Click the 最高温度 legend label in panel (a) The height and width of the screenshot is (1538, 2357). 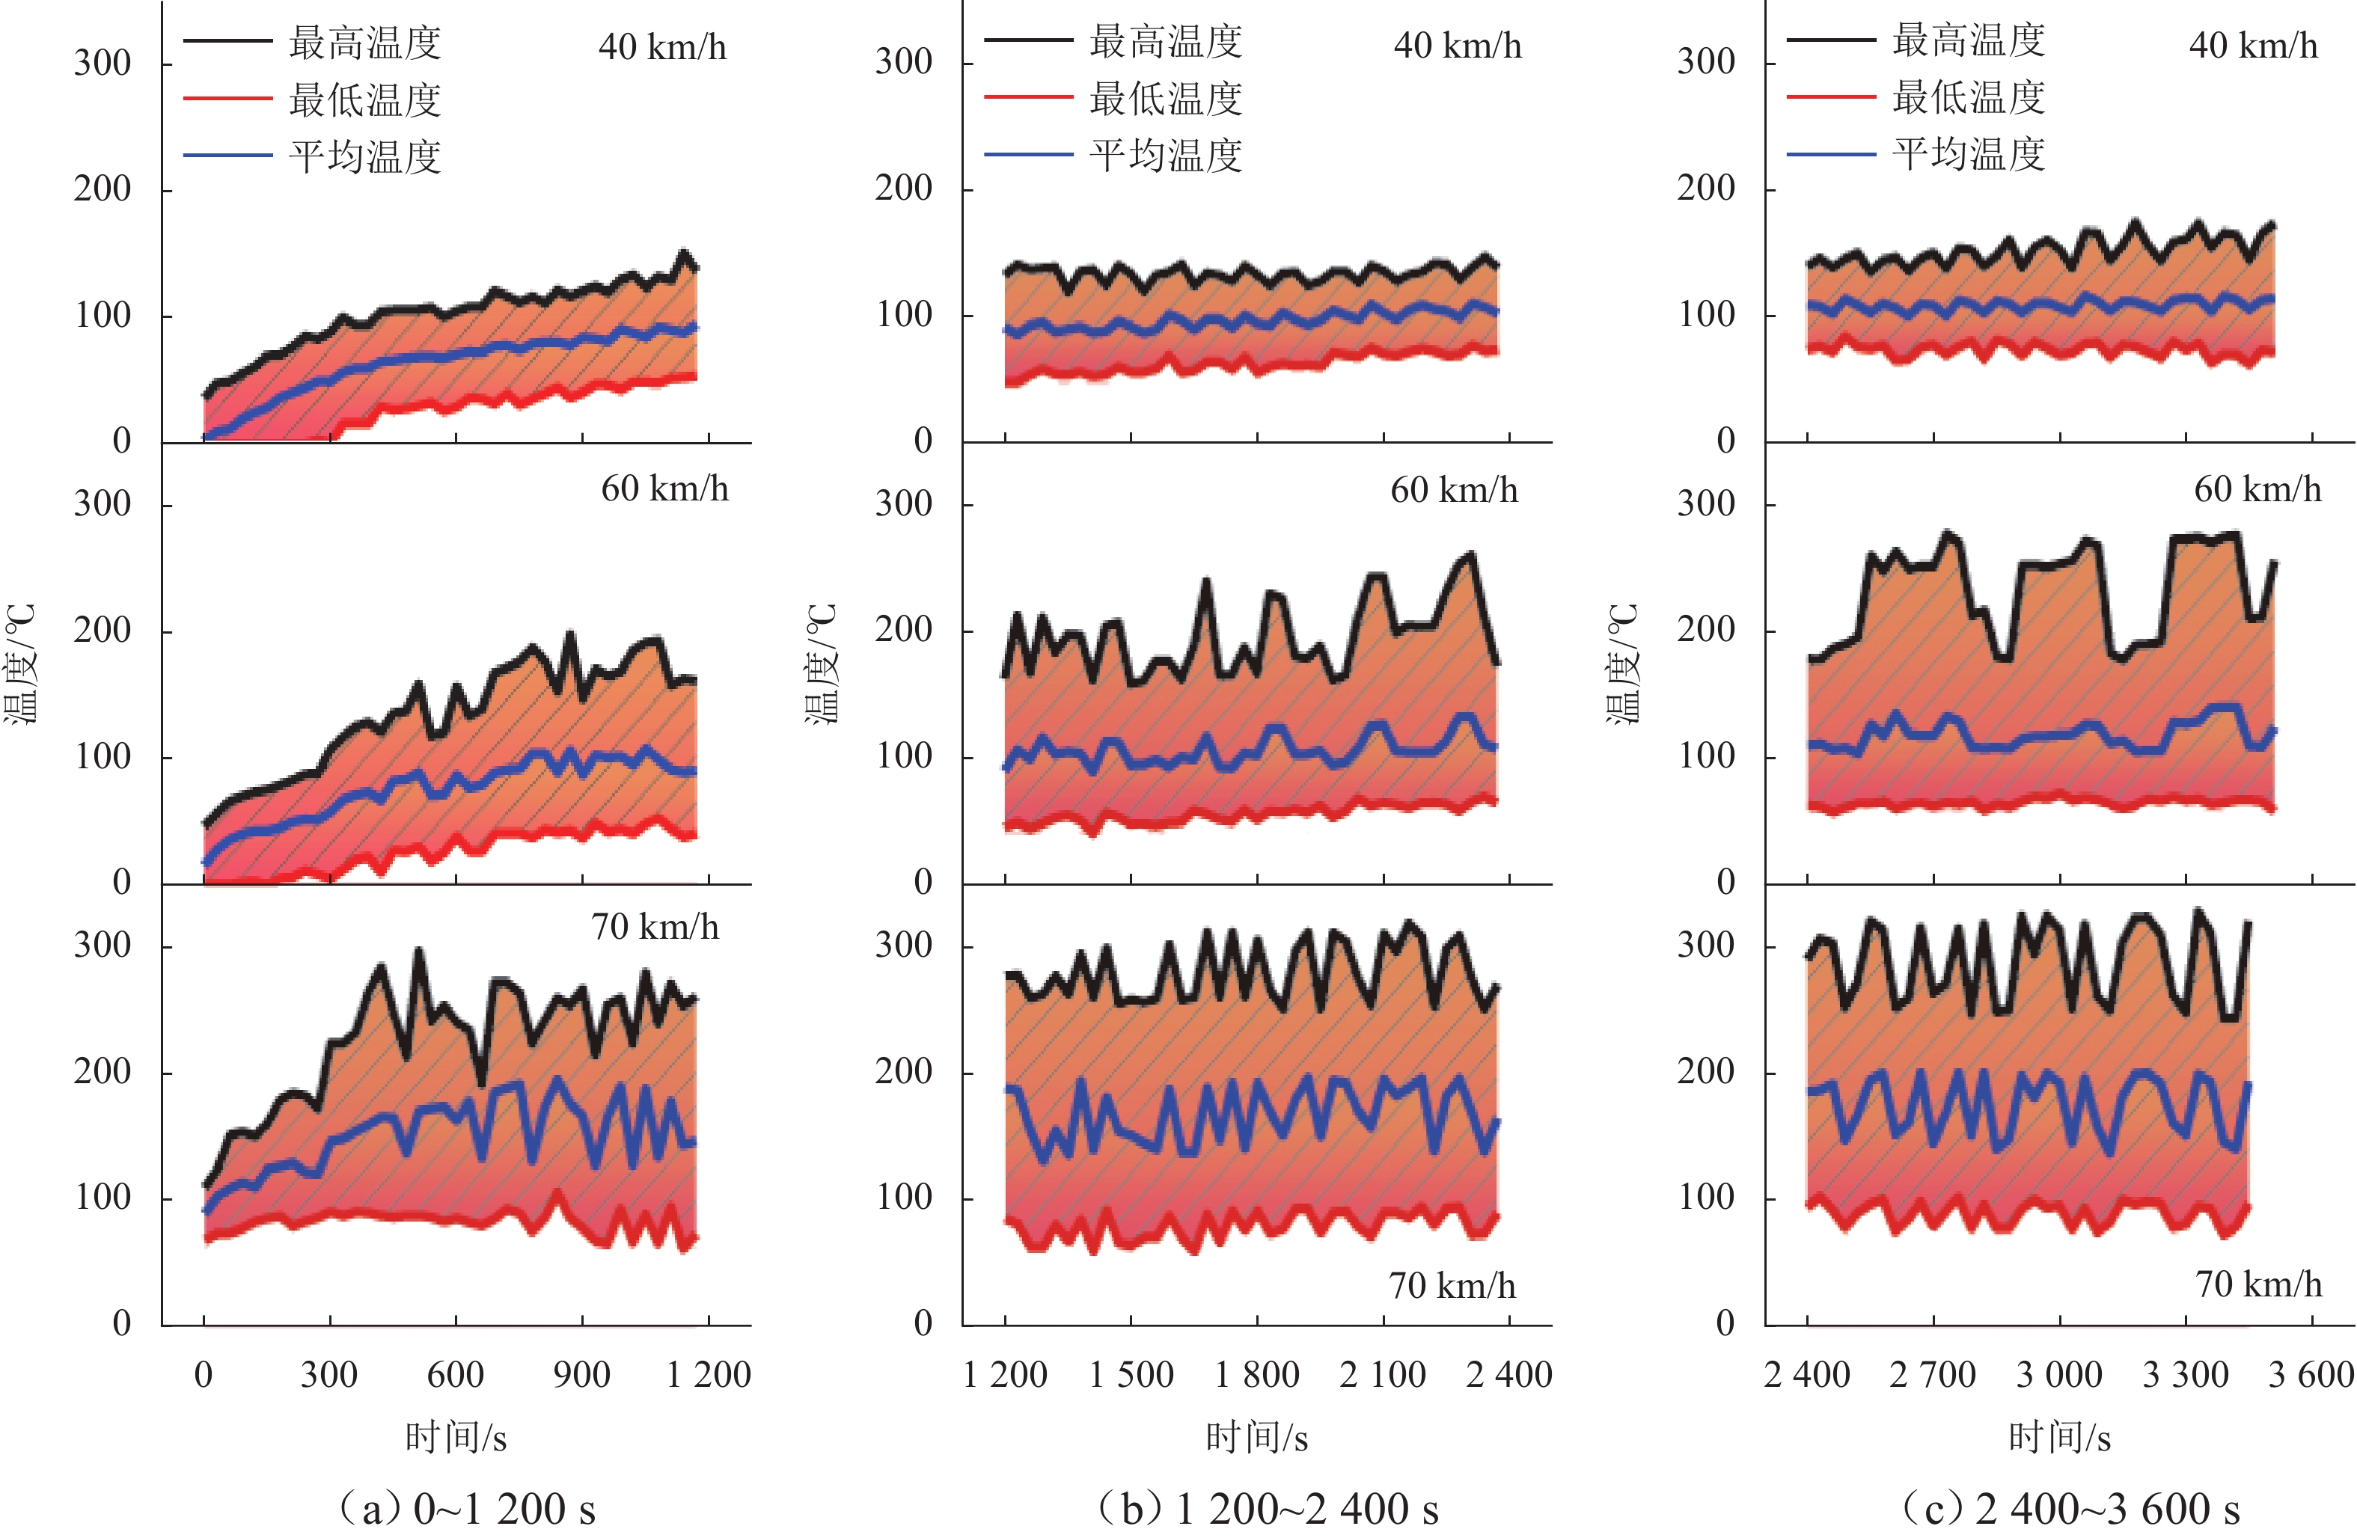[364, 43]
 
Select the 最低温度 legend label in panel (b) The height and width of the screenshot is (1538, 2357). [1166, 99]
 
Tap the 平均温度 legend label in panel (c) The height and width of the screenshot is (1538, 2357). [1969, 155]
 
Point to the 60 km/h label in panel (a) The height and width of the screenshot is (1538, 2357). [664, 489]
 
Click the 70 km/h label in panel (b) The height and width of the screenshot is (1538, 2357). [1452, 1285]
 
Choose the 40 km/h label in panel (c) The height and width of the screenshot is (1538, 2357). [2253, 46]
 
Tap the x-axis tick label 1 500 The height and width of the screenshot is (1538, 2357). [1131, 1375]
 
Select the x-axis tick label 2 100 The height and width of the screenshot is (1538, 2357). [1383, 1375]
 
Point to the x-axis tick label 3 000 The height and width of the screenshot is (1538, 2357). [2059, 1375]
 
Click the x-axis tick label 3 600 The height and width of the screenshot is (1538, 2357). [2311, 1375]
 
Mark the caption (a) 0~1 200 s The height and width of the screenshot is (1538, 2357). [466, 1508]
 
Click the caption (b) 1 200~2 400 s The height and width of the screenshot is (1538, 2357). [1268, 1508]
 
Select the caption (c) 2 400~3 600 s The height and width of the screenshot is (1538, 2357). [2070, 1508]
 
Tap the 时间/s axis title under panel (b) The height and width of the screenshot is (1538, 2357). [1257, 1437]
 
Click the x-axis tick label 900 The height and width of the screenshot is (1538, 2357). [581, 1375]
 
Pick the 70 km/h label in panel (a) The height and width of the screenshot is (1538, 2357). [655, 927]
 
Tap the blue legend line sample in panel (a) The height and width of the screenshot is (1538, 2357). [227, 156]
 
